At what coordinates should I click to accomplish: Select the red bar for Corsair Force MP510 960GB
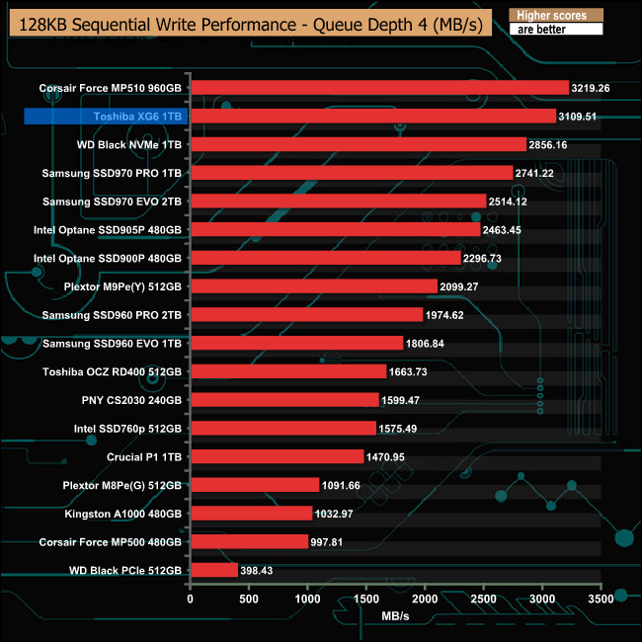(x=379, y=87)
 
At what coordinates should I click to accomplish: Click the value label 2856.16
(x=555, y=144)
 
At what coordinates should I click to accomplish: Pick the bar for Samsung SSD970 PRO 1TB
(x=352, y=173)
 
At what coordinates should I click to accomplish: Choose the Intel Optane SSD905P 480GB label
(x=108, y=230)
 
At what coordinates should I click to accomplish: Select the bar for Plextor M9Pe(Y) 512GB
(x=313, y=286)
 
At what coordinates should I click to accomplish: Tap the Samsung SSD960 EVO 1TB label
(x=113, y=344)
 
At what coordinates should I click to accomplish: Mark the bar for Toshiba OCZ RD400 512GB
(x=287, y=371)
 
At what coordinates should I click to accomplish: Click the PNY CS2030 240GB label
(x=131, y=400)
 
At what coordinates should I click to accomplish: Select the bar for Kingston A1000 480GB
(x=251, y=514)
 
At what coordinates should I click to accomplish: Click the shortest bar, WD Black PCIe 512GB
(x=213, y=571)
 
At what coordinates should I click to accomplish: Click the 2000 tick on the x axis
(x=425, y=599)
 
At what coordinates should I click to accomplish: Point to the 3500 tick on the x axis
(x=600, y=599)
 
